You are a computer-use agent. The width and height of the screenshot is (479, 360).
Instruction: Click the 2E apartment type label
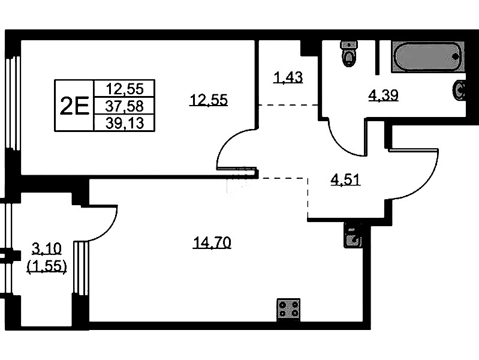[74, 106]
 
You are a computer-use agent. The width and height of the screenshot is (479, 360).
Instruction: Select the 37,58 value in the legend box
[124, 106]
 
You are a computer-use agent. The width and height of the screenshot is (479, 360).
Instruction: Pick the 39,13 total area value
[125, 123]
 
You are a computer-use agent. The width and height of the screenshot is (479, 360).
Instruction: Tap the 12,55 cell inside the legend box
[125, 89]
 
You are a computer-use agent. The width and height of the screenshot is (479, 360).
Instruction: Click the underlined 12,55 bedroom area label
[209, 100]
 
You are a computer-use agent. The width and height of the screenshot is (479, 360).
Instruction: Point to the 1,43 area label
[288, 77]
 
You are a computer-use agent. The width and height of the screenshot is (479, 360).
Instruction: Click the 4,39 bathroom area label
[383, 96]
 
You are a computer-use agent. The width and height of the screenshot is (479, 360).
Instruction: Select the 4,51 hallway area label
[346, 179]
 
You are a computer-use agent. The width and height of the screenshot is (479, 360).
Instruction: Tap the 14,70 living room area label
[212, 243]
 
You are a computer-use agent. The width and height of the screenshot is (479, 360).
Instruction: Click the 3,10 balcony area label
[47, 248]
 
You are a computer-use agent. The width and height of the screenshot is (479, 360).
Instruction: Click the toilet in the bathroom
[349, 53]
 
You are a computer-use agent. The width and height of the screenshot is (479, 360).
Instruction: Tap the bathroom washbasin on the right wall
[459, 90]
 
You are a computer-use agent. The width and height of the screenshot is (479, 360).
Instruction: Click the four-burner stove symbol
[288, 310]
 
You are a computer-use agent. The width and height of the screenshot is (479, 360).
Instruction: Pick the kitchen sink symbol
[353, 235]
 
